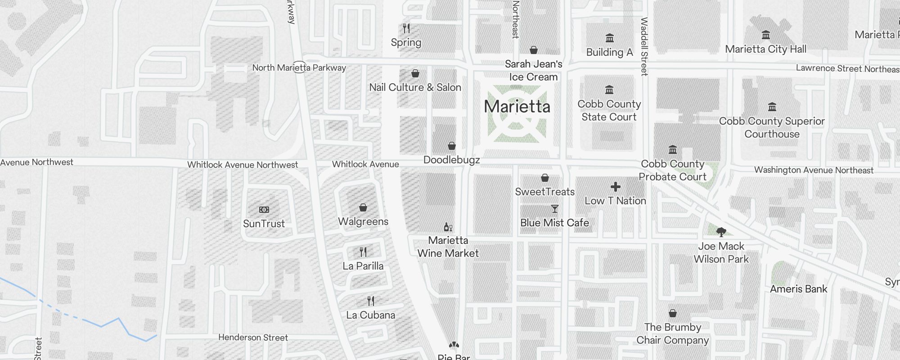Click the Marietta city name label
(x=517, y=107)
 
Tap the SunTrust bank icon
(x=264, y=210)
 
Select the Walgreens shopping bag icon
(x=363, y=207)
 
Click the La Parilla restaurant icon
(x=363, y=252)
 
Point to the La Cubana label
(x=370, y=315)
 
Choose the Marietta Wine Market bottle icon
(x=448, y=227)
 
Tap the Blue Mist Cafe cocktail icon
(x=554, y=209)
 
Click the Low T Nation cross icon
(x=615, y=187)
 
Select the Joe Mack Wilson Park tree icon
(x=721, y=232)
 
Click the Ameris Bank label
(x=798, y=289)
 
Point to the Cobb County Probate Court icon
(x=673, y=149)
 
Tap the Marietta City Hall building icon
(x=765, y=35)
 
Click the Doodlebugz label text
(x=451, y=160)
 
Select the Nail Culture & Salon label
(x=415, y=87)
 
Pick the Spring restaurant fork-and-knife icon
(x=406, y=28)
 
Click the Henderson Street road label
(x=253, y=337)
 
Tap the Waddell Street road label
(x=644, y=46)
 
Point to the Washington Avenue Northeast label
(x=814, y=170)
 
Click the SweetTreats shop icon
(x=544, y=178)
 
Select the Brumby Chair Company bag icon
(x=672, y=313)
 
